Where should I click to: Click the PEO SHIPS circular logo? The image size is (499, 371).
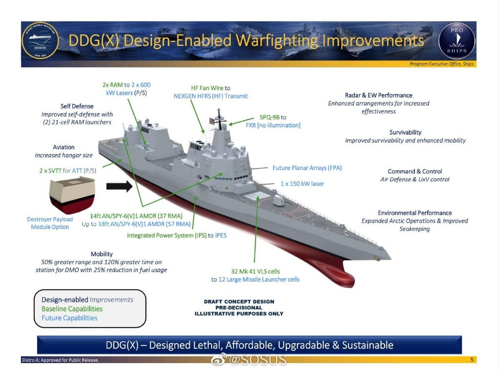[x=457, y=41]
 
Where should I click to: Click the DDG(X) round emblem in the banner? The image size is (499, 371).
[x=40, y=41]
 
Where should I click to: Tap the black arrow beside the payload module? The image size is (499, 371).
[x=119, y=186]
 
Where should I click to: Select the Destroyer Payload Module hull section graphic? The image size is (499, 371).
[x=72, y=195]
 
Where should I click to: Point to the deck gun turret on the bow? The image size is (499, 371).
[x=279, y=200]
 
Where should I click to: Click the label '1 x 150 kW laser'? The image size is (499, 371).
[x=302, y=184]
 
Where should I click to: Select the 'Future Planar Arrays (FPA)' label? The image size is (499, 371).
[x=307, y=168]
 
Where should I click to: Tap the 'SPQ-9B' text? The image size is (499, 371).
[x=269, y=117]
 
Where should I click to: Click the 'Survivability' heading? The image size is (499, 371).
[x=405, y=132]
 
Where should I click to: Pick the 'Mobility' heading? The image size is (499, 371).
[x=102, y=254]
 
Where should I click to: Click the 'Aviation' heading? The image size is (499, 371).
[x=64, y=147]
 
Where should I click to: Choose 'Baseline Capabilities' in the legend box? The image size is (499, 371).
[x=72, y=309]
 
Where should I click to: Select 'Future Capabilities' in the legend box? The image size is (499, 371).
[x=69, y=318]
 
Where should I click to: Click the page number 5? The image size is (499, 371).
[x=472, y=360]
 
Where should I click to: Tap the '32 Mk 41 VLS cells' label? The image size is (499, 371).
[x=255, y=272]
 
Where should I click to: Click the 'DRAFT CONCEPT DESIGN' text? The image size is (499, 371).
[x=239, y=302]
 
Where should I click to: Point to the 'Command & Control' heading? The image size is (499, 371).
[x=415, y=171]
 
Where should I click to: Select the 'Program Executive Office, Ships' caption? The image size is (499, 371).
[x=441, y=64]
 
